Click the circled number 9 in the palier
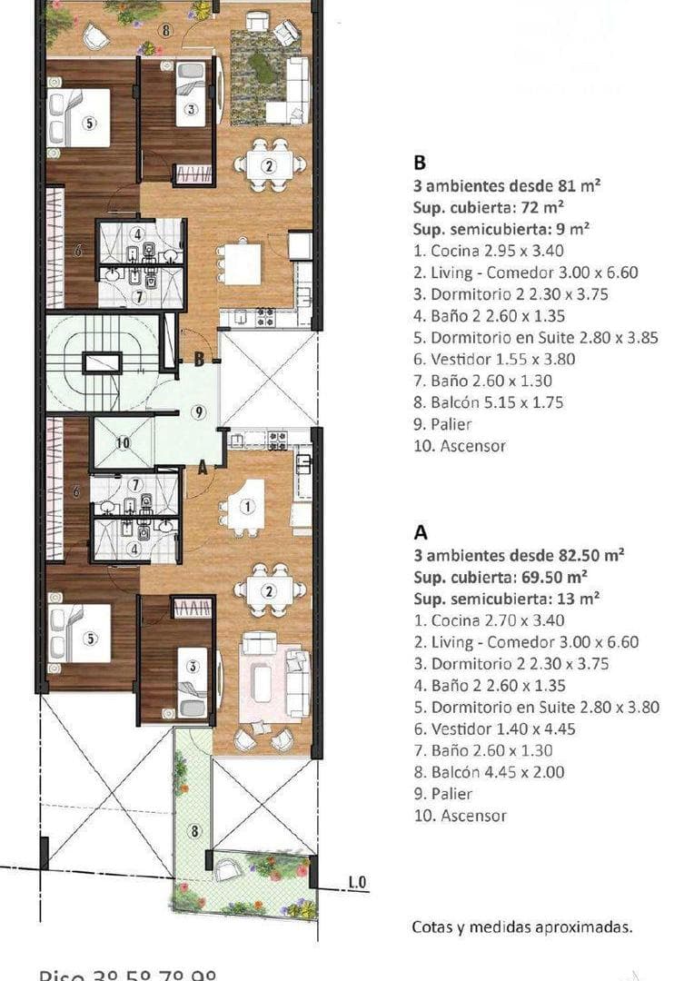pos(198,411)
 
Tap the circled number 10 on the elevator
pos(123,442)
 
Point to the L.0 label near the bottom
pos(357,882)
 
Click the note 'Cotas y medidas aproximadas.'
pos(521,927)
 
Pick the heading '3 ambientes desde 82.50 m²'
pos(504,554)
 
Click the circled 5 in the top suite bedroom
pos(88,123)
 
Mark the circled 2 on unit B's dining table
pos(269,165)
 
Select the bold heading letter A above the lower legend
pos(421,530)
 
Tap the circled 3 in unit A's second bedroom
pos(192,666)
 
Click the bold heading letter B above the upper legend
pos(420,163)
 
